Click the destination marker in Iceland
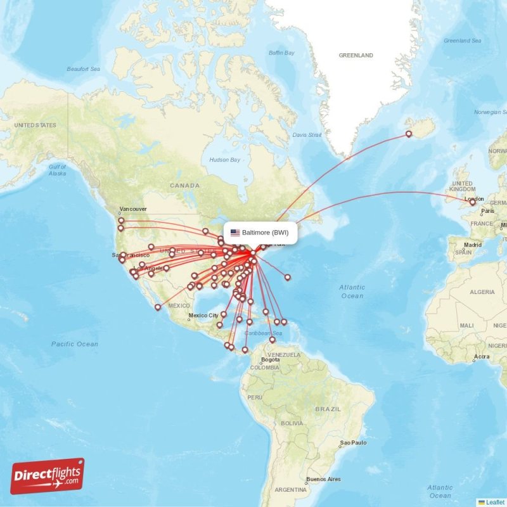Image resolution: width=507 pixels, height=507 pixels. click(409, 134)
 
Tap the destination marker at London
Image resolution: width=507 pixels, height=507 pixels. click(472, 203)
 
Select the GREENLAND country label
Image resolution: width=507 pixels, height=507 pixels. click(356, 56)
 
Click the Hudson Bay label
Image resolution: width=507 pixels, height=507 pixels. click(225, 160)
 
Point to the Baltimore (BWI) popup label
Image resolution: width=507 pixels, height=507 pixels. click(265, 233)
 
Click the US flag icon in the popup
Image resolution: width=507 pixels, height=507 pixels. click(235, 233)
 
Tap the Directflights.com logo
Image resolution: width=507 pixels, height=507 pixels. click(48, 476)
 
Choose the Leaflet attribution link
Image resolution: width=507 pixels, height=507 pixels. click(495, 502)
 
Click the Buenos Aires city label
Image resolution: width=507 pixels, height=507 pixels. click(323, 479)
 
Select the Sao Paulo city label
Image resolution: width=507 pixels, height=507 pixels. click(354, 442)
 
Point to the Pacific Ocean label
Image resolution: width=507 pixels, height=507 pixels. click(75, 344)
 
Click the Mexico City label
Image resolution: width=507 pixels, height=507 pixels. click(204, 315)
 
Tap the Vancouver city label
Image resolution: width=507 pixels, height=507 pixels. click(133, 209)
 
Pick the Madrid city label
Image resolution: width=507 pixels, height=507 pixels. click(472, 245)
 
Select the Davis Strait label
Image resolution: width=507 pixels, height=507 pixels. click(307, 135)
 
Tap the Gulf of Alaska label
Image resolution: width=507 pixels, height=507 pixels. click(57, 170)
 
